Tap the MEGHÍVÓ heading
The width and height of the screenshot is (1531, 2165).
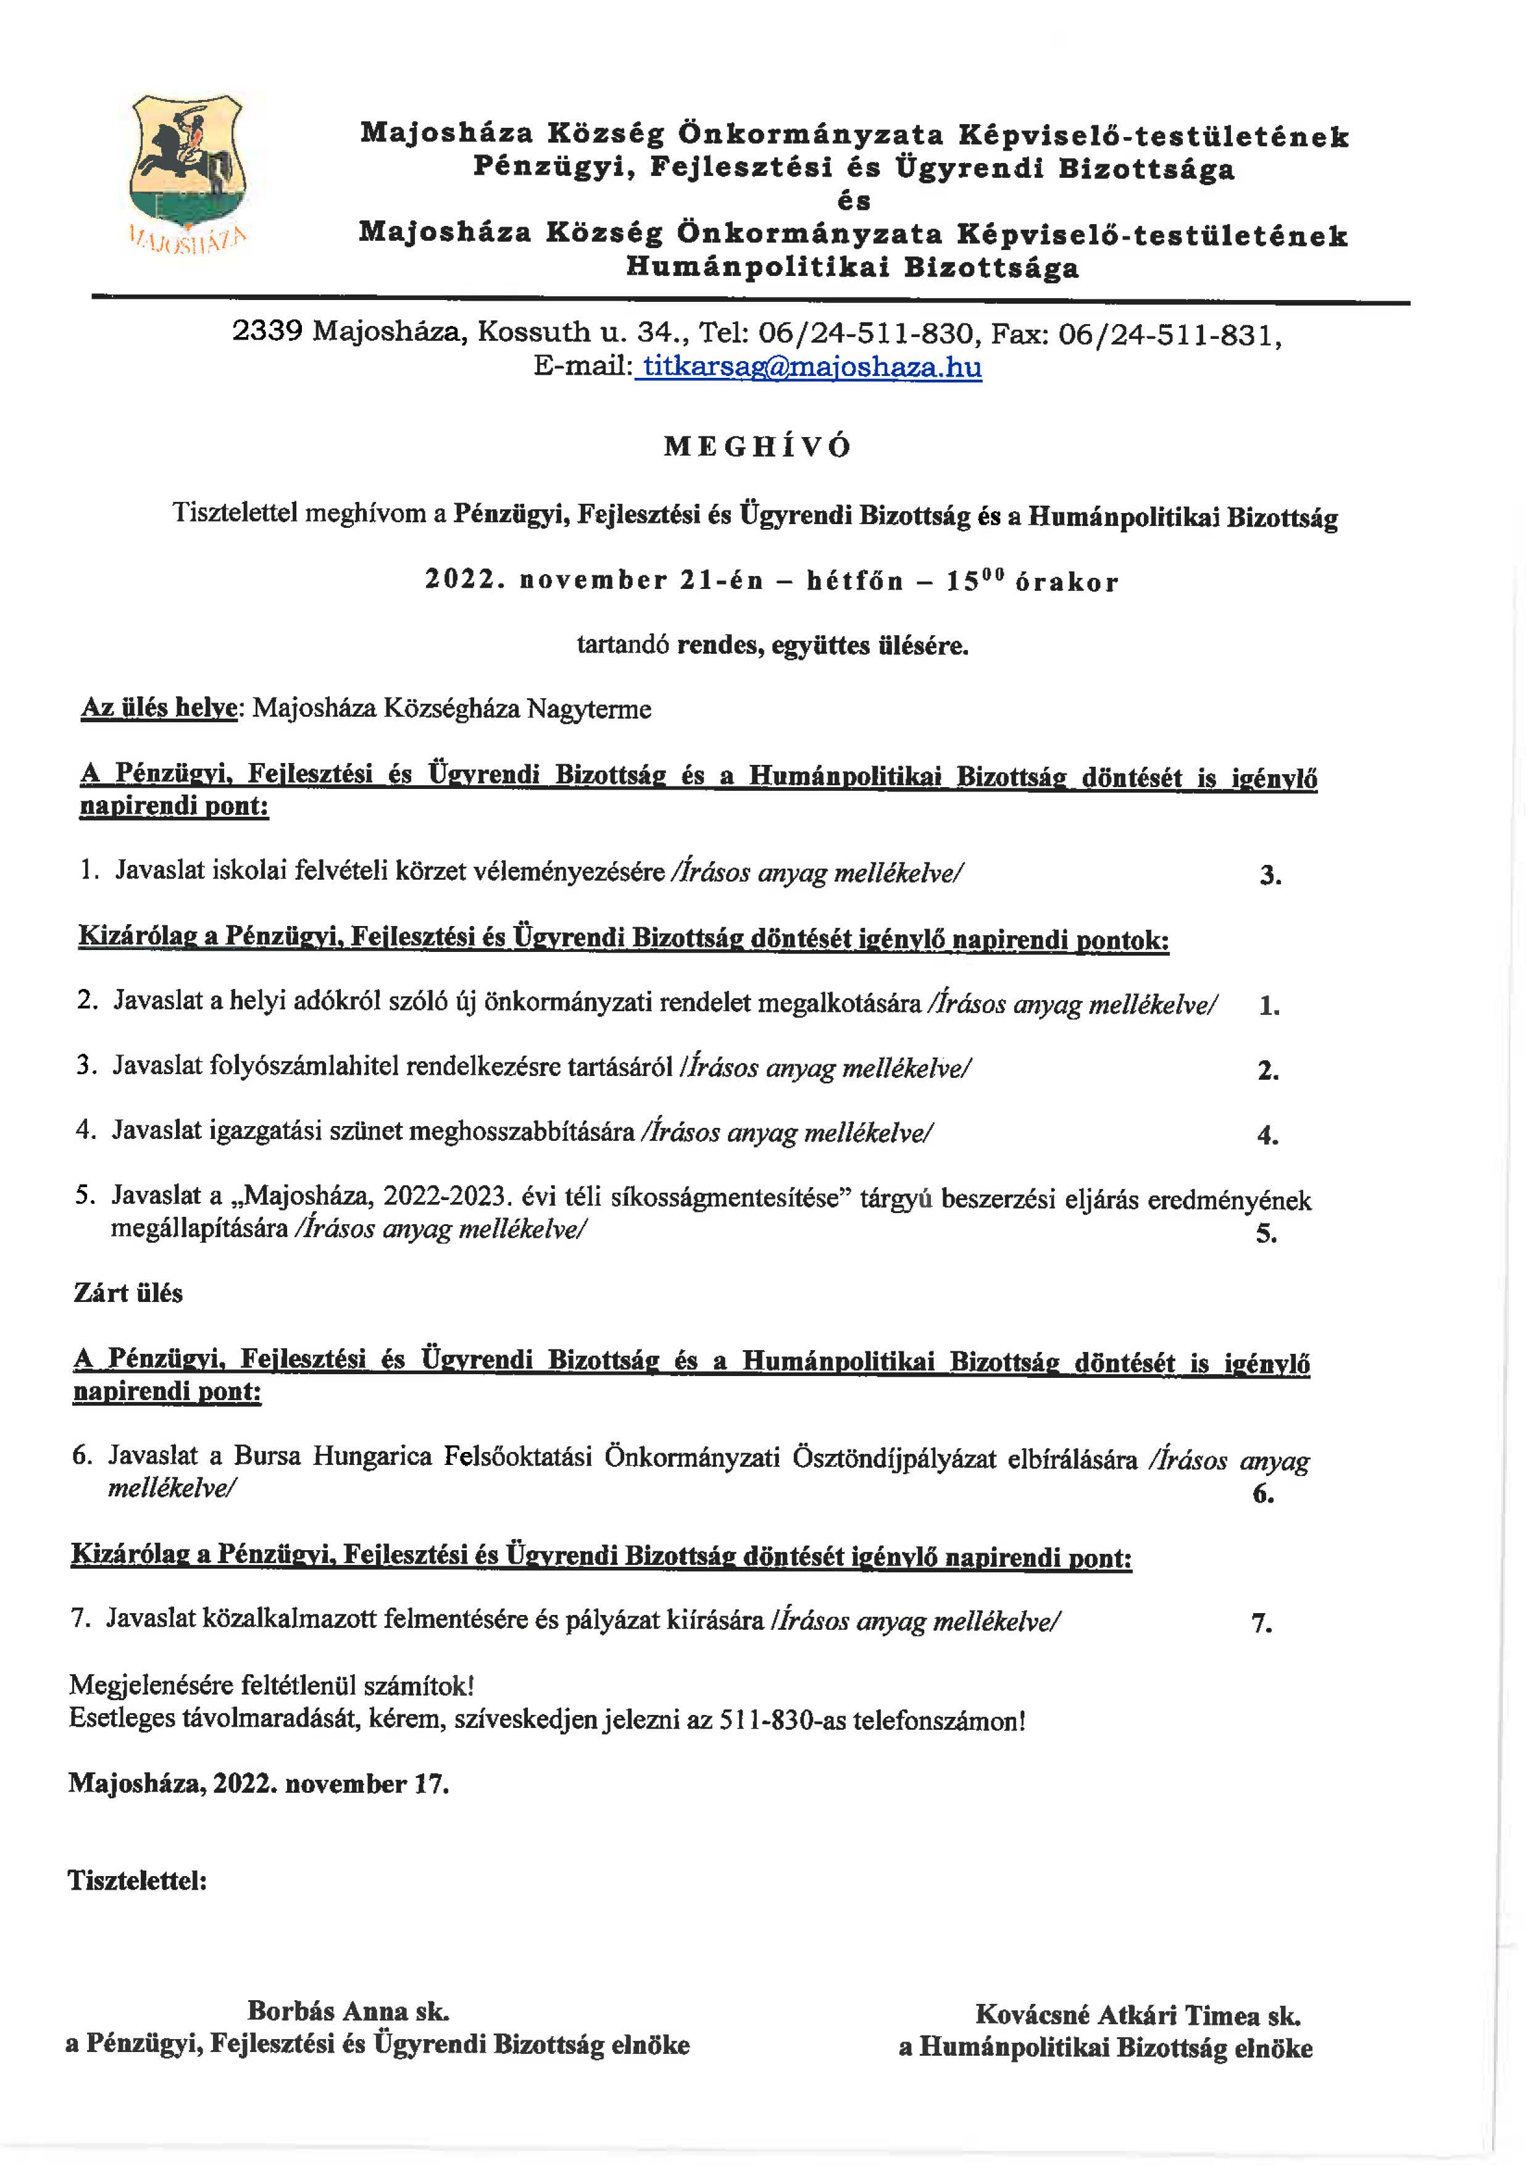[x=757, y=447]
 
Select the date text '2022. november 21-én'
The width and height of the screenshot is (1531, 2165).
[x=594, y=581]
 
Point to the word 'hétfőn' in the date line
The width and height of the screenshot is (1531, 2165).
[x=854, y=581]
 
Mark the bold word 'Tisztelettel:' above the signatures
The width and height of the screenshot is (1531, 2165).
[x=136, y=1880]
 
